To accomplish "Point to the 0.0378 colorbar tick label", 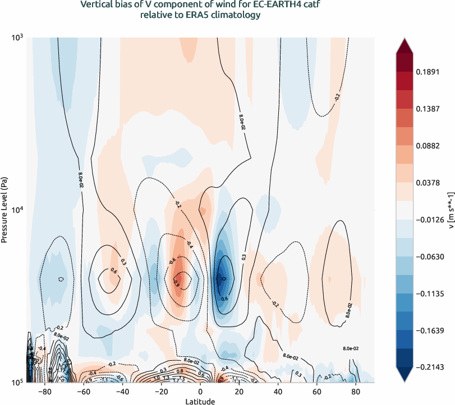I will pyautogui.click(x=429, y=182).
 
